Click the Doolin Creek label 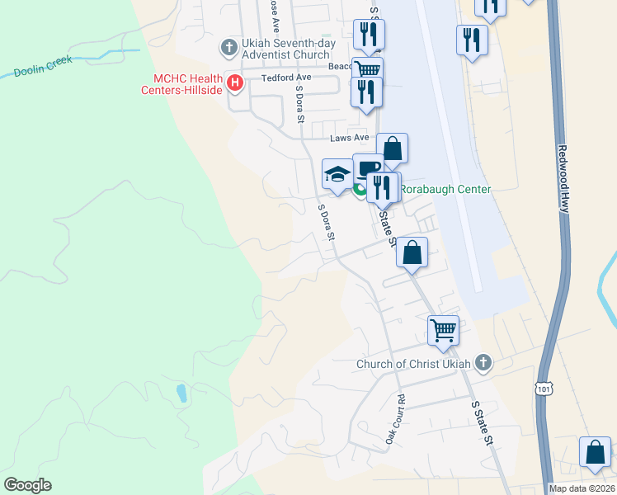pyautogui.click(x=43, y=66)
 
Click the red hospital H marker pyautogui.click(x=235, y=82)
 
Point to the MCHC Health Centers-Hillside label pyautogui.click(x=182, y=84)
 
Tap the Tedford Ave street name pyautogui.click(x=284, y=78)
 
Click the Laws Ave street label pyautogui.click(x=347, y=138)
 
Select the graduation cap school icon pyautogui.click(x=337, y=173)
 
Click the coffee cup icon pyautogui.click(x=367, y=168)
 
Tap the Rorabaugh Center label pyautogui.click(x=445, y=190)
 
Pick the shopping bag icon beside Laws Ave pyautogui.click(x=393, y=149)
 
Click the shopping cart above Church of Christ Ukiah pyautogui.click(x=444, y=330)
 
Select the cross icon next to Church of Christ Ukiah pyautogui.click(x=483, y=362)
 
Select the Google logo pyautogui.click(x=27, y=485)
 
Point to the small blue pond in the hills pyautogui.click(x=181, y=394)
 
